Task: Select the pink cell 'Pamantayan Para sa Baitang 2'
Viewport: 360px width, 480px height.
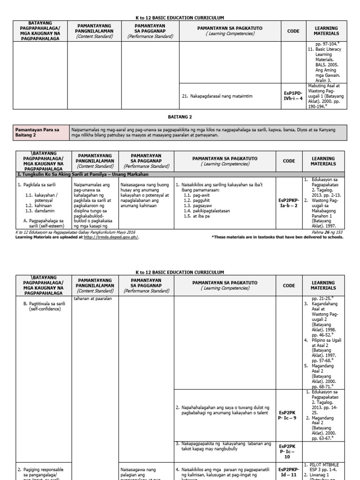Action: (41, 132)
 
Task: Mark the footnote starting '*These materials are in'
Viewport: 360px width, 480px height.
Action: (277, 237)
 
